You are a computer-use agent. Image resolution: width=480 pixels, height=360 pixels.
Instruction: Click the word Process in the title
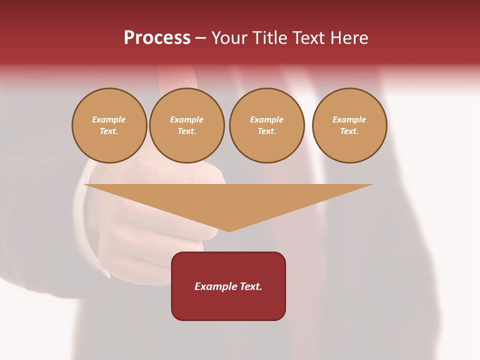157,38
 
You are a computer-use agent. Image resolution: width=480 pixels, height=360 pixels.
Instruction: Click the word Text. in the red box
250,286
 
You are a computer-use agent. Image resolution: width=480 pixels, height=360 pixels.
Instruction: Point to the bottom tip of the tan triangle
229,230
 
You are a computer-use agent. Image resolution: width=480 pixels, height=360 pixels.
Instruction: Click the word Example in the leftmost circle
109,119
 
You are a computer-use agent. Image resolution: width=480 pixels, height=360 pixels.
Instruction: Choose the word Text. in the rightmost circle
349,131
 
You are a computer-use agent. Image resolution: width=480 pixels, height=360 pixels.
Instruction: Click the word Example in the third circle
267,119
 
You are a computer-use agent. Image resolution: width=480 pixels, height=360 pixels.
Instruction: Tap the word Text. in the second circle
187,131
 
